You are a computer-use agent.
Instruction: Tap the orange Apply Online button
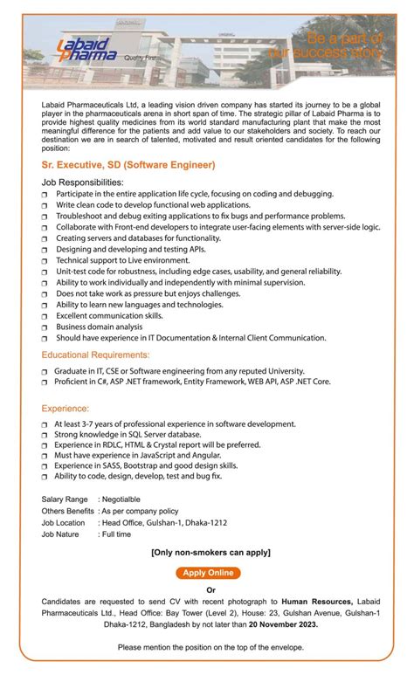(207, 573)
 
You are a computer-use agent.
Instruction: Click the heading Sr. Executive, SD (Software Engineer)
(128, 164)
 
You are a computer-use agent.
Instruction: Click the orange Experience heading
(66, 408)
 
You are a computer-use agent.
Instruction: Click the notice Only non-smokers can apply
(210, 553)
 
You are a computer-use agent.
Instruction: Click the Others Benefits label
(67, 510)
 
